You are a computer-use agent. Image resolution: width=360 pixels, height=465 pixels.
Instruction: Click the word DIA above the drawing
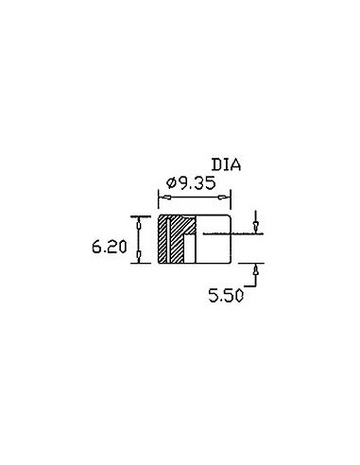pos(226,165)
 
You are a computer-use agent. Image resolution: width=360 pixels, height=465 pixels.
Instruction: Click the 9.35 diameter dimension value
pos(197,183)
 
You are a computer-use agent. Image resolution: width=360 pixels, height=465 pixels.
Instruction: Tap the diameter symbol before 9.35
pos(172,183)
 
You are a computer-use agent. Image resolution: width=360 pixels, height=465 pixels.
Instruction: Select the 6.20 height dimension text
pos(110,247)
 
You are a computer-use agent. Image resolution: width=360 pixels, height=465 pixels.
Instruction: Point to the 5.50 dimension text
pos(226,296)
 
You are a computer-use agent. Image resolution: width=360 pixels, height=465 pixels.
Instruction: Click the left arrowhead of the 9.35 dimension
pos(165,198)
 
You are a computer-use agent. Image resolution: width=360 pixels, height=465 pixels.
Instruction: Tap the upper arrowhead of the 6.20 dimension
pos(139,224)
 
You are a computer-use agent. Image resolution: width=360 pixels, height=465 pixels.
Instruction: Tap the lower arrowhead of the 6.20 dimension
pos(139,255)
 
